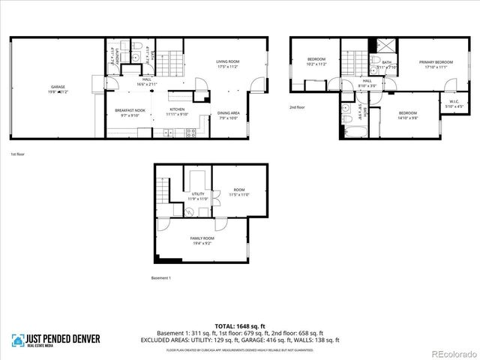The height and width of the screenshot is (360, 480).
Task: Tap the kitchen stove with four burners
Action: pos(190,133)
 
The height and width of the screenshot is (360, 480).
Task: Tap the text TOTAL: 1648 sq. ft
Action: pos(239,326)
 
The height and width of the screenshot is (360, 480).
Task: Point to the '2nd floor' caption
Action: pos(297,107)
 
